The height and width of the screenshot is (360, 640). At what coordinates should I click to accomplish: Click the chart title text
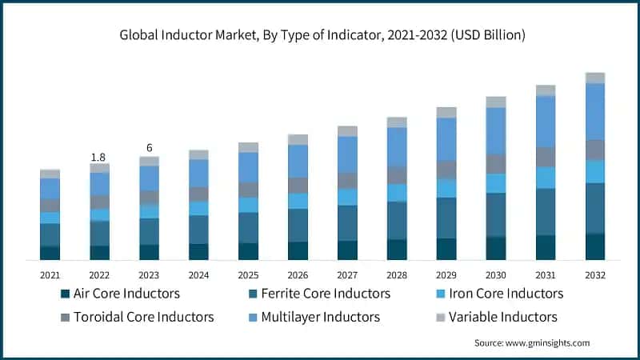[320, 34]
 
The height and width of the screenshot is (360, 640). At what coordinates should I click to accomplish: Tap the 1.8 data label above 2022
[99, 158]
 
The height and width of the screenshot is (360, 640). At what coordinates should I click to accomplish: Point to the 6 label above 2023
[149, 149]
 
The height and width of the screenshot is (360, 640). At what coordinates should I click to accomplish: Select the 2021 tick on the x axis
[50, 274]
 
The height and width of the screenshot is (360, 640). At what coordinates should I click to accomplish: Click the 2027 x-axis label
[347, 274]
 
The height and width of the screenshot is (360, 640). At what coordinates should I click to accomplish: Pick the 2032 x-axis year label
[594, 274]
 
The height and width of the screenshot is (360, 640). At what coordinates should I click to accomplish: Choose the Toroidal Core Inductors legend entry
[143, 317]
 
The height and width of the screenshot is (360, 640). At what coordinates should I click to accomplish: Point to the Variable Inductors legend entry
[502, 317]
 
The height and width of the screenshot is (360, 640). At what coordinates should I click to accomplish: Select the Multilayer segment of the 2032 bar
[594, 111]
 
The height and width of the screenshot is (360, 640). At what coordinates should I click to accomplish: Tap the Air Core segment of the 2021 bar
[50, 253]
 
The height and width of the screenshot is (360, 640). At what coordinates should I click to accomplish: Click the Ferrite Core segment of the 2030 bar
[496, 214]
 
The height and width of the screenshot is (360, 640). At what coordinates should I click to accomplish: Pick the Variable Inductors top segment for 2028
[397, 122]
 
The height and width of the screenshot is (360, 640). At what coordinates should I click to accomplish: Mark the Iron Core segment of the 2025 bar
[248, 205]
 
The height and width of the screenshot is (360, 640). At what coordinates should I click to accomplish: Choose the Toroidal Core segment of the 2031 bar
[546, 157]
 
